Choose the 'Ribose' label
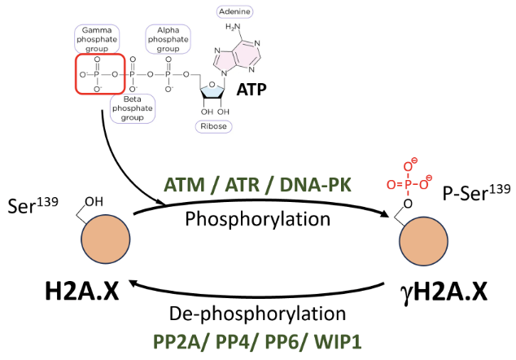click(x=215, y=125)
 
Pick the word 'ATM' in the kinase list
click(x=184, y=186)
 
